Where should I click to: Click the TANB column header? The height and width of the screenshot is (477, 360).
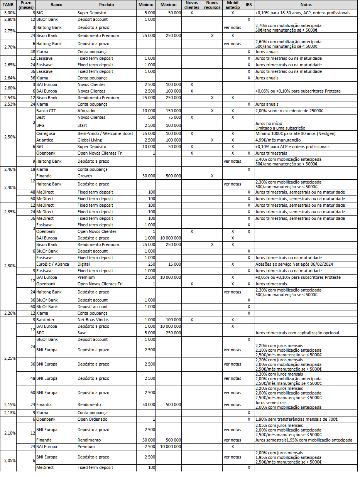click(x=8, y=5)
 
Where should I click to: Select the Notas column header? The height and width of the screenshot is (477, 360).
click(x=306, y=5)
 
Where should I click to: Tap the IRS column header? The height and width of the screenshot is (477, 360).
click(x=248, y=5)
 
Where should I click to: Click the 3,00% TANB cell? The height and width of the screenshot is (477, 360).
click(x=8, y=13)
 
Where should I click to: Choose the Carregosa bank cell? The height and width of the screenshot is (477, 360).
click(x=46, y=133)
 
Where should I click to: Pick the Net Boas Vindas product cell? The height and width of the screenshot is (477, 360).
click(x=93, y=320)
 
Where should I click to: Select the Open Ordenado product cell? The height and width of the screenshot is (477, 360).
click(x=93, y=419)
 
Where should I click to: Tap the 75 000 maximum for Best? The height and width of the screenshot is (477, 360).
click(x=174, y=117)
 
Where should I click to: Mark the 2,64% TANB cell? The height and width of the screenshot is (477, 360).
click(x=8, y=78)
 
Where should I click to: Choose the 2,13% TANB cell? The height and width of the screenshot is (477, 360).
click(x=8, y=413)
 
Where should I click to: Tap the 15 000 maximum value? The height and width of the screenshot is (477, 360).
click(x=174, y=264)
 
